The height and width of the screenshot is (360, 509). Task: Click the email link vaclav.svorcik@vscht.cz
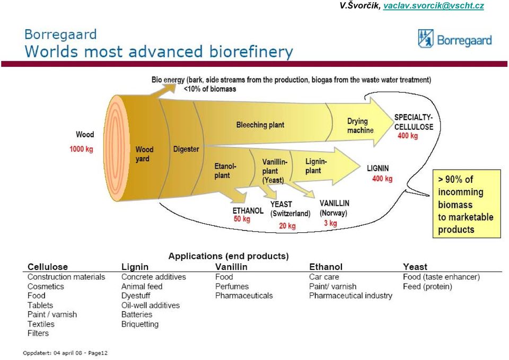(x=433, y=6)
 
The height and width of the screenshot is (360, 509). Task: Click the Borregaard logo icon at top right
(x=426, y=38)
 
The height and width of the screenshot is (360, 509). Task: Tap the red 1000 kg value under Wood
(x=81, y=150)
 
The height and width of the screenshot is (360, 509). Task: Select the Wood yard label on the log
(x=144, y=154)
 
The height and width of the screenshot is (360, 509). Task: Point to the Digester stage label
(x=186, y=149)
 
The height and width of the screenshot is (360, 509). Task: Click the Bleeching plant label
(x=260, y=125)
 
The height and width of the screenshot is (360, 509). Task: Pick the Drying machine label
(x=361, y=126)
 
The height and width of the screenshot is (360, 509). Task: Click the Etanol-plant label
(x=225, y=171)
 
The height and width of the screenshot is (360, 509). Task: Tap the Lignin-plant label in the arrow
(x=316, y=166)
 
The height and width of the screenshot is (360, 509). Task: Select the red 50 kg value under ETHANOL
(x=242, y=219)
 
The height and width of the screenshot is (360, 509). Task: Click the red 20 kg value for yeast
(x=287, y=226)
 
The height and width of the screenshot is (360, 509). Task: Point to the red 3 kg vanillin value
(x=330, y=223)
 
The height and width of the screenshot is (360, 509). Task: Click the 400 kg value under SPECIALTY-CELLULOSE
(x=408, y=136)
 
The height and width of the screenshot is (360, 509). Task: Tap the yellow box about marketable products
(x=467, y=204)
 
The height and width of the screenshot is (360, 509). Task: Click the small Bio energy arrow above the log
(x=164, y=90)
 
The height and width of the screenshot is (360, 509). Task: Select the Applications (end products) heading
(x=229, y=256)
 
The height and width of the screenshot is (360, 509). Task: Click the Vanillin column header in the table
(x=231, y=267)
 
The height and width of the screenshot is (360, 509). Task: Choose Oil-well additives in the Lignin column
(x=150, y=305)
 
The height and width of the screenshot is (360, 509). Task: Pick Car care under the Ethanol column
(x=324, y=277)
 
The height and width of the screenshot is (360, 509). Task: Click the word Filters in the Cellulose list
(x=38, y=333)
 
